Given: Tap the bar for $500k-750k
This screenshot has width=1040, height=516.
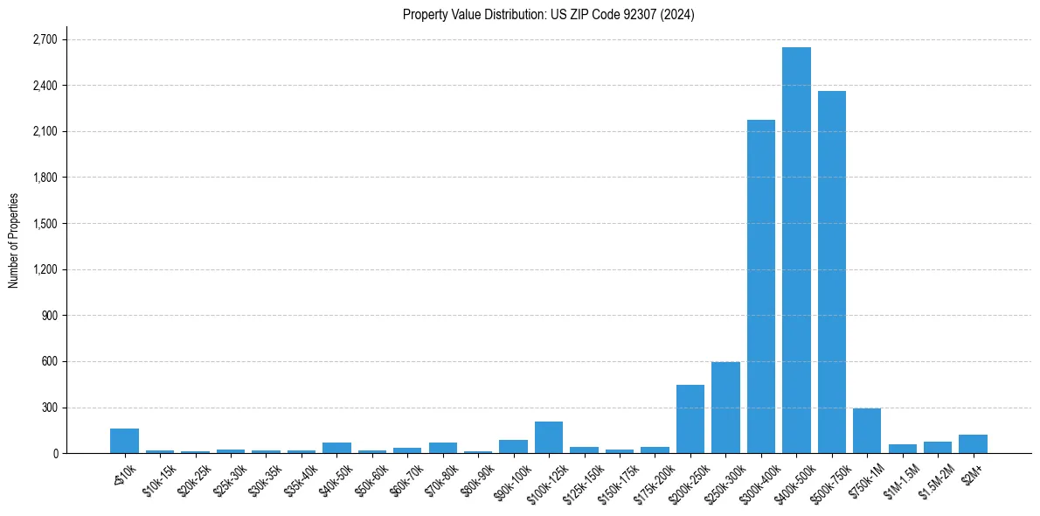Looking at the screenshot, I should (x=831, y=272).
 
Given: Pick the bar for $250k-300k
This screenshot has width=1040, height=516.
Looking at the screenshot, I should (x=725, y=408).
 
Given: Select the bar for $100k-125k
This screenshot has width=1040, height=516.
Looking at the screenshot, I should (x=549, y=437).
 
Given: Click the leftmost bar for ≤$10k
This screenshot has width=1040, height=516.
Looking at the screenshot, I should (x=124, y=441).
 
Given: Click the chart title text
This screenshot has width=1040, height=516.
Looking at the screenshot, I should (x=548, y=14).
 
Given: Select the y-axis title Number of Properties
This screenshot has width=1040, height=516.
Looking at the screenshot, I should (x=14, y=241).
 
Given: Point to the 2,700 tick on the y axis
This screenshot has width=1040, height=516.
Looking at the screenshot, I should (x=44, y=39).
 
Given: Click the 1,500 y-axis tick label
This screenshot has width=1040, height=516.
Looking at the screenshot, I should (x=44, y=224).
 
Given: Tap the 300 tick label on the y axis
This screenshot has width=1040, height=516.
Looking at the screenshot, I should (x=49, y=408).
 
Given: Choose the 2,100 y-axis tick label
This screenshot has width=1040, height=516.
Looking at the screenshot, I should (x=44, y=131).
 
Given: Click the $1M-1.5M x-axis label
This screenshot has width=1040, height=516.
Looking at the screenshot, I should (x=900, y=480).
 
